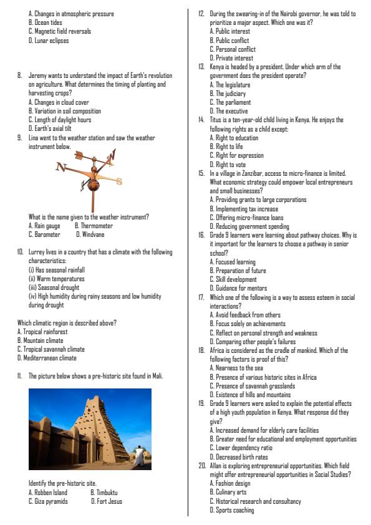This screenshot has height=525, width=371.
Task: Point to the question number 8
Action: tap(20, 75)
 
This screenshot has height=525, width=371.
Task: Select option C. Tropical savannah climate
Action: tap(51, 350)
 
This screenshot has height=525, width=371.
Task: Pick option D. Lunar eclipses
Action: tap(49, 41)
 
